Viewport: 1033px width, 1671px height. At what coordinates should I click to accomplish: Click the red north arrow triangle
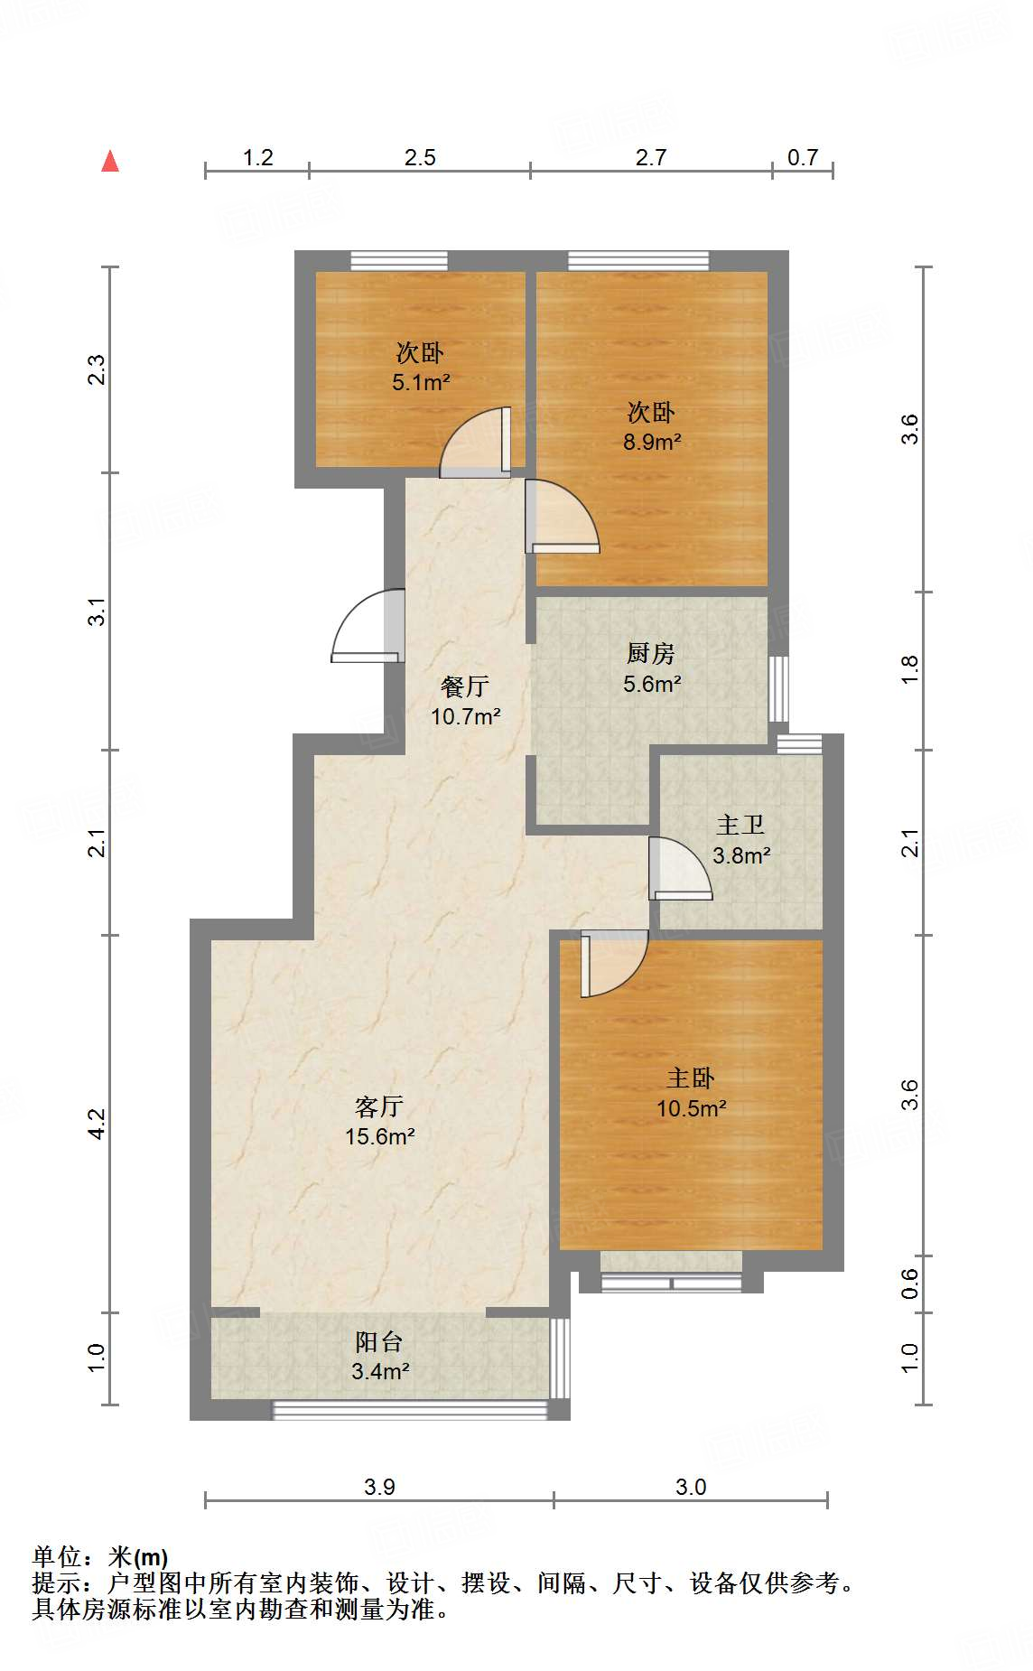[110, 162]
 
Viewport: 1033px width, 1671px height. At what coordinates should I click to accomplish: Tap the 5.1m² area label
[421, 382]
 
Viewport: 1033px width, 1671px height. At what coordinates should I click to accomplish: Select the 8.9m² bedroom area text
[651, 442]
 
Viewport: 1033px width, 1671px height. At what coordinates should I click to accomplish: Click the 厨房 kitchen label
[650, 653]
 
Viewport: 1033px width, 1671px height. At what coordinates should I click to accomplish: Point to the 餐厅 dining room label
[465, 686]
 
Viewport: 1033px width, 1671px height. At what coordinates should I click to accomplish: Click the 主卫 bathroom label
[740, 825]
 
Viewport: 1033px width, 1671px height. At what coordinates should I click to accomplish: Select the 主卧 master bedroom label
[691, 1078]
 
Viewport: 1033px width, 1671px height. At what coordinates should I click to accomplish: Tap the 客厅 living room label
[379, 1106]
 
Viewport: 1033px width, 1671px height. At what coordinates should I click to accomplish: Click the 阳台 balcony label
[379, 1341]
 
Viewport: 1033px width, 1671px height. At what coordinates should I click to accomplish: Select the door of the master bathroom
[679, 869]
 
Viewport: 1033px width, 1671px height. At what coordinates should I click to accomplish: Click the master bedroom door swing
[612, 964]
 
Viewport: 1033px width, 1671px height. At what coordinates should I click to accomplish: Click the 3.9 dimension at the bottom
[379, 1487]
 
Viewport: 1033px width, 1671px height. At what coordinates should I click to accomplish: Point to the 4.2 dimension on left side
[97, 1124]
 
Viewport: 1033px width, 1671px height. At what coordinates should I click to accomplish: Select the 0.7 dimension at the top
[802, 158]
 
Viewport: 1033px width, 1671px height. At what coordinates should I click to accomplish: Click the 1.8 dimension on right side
[909, 669]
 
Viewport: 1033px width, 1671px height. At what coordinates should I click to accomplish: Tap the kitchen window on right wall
[778, 688]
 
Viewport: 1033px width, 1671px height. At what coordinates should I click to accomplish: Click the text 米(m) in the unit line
[138, 1557]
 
